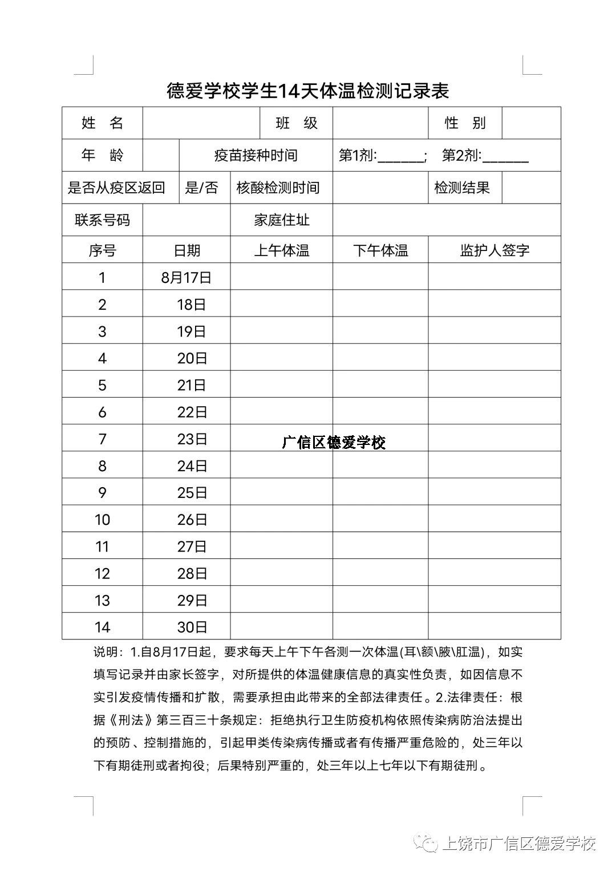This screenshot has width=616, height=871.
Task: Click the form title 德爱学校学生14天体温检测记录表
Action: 308,90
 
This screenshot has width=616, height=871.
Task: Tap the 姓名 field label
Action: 102,123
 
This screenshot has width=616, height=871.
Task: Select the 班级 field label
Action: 296,123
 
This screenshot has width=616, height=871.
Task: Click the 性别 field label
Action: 465,123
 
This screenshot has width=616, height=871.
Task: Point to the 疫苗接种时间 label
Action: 256,155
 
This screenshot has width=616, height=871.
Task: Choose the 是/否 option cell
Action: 201,188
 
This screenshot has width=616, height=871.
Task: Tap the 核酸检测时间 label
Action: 278,188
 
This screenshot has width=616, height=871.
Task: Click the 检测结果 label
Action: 462,188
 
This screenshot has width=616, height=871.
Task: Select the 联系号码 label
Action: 102,220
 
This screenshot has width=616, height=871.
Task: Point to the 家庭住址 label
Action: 281,220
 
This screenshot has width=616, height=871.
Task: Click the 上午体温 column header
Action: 281,250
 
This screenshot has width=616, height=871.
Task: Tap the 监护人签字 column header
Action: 495,250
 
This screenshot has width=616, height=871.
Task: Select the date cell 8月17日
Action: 186,278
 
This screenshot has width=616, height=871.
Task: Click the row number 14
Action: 102,627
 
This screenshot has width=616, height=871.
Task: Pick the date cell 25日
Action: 192,493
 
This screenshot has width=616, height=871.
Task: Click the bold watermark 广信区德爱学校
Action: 334,443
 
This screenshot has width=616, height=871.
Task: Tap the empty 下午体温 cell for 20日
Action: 380,358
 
